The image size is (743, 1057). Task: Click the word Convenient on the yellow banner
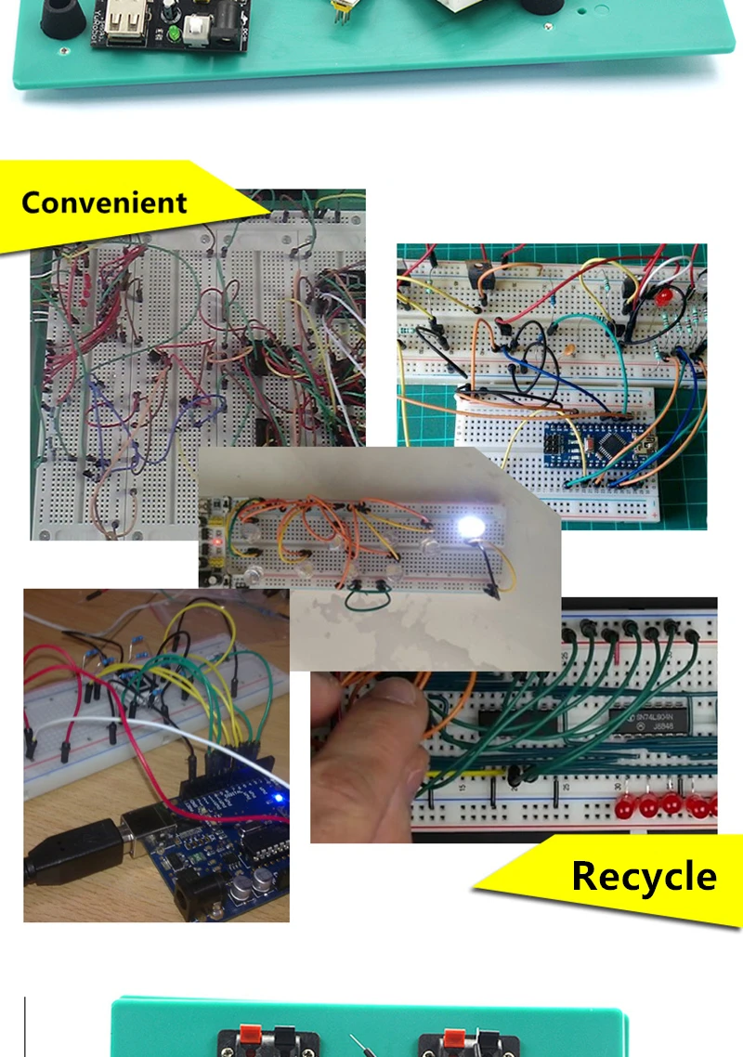tap(104, 202)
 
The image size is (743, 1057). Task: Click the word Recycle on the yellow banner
tap(644, 876)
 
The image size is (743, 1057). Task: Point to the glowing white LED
tap(471, 529)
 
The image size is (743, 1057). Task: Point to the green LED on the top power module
tap(174, 34)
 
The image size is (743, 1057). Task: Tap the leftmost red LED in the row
tap(622, 804)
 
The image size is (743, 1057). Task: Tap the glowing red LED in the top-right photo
tap(664, 298)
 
